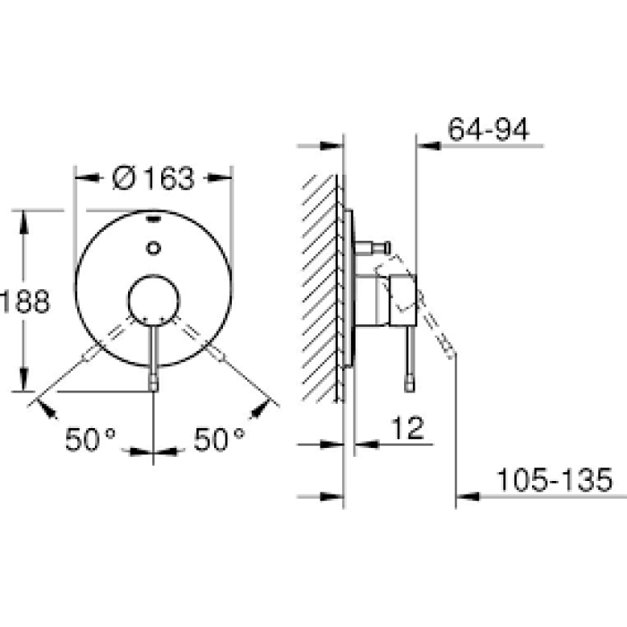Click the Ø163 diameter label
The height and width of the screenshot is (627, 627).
point(154,178)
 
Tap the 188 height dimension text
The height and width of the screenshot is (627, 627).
point(25,301)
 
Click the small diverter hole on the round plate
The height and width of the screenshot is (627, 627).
point(154,248)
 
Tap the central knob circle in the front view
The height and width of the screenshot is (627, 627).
point(154,299)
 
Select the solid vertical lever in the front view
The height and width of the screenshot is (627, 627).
point(154,354)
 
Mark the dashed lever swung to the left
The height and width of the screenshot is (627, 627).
point(103,345)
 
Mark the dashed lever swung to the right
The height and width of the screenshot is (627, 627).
point(205,345)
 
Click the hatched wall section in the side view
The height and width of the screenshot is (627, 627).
point(321,287)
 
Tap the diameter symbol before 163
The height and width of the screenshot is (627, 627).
point(125,178)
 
